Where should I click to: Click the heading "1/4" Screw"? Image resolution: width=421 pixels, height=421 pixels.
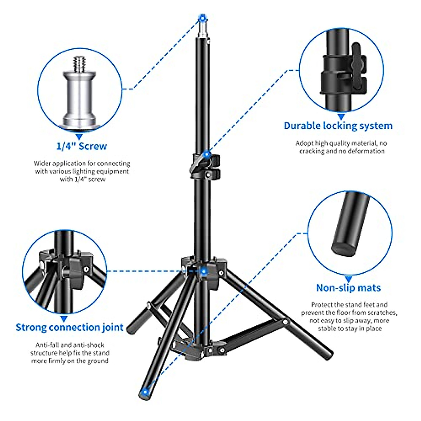[x=81, y=146]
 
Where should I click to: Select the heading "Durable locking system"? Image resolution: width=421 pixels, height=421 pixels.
[x=338, y=126]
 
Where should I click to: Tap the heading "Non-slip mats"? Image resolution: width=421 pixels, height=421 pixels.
[x=348, y=288]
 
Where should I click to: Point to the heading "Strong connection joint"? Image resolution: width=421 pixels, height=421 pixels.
[x=69, y=327]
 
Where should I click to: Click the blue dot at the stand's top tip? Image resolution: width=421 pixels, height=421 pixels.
[x=202, y=18]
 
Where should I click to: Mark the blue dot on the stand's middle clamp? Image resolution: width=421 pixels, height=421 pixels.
[x=207, y=154]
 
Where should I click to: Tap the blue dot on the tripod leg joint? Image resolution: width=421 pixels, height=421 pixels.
[x=203, y=270]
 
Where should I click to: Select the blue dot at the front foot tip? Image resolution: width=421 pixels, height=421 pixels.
[x=145, y=392]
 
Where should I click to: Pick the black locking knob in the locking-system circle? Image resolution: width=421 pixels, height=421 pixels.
[x=358, y=67]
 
